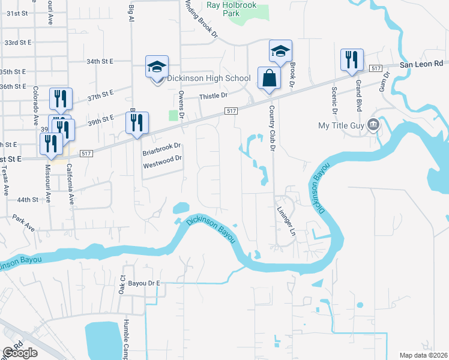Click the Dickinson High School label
[x=208, y=78]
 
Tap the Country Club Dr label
[x=272, y=128]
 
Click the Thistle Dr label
[x=214, y=95]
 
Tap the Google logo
[x=19, y=353]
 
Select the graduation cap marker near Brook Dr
[x=280, y=51]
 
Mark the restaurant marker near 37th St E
[x=61, y=99]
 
